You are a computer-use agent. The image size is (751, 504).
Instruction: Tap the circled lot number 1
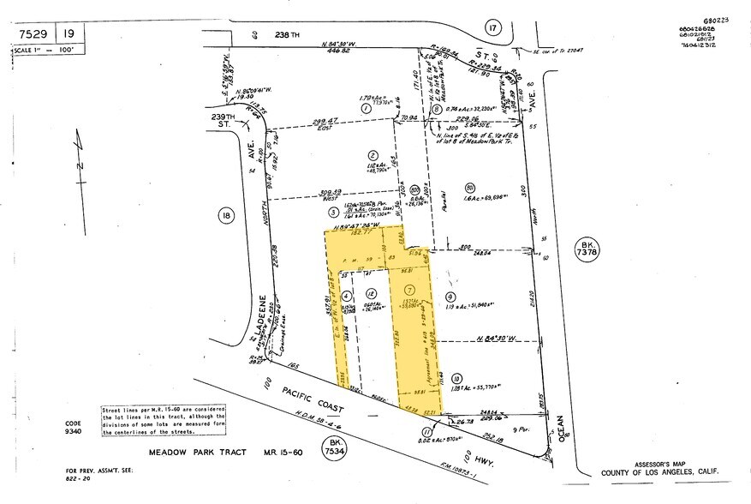click(x=365, y=109)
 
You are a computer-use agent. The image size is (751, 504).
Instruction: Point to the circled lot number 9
click(x=460, y=297)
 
